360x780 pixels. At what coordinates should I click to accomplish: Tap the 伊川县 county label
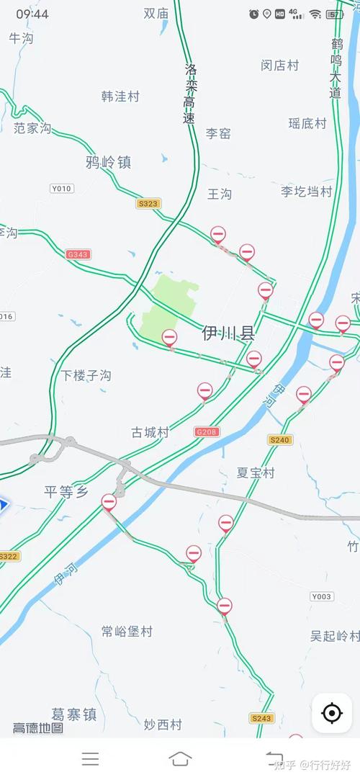[229, 333]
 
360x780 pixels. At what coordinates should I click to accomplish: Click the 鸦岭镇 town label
[108, 162]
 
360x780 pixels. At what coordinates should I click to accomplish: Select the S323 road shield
[148, 204]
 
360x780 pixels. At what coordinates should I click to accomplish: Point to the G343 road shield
[77, 254]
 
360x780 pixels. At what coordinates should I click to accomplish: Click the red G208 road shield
[207, 432]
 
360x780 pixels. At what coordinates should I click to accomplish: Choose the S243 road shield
[262, 718]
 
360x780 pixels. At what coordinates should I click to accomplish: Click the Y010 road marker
[62, 189]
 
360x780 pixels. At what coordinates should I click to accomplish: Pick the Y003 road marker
[322, 596]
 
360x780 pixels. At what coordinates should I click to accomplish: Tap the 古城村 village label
[150, 432]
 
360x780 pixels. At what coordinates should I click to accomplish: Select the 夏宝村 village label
[256, 472]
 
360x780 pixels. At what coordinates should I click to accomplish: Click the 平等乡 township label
[66, 492]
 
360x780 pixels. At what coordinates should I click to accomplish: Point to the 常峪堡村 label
[127, 632]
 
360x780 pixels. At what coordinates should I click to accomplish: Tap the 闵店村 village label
[279, 66]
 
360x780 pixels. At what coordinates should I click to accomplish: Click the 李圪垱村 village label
[306, 191]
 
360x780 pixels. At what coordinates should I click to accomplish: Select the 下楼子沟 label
[86, 375]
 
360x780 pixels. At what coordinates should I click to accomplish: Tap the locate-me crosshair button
[332, 714]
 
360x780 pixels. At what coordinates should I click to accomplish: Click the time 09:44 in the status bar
[32, 14]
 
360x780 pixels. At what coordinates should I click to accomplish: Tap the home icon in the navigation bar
[180, 758]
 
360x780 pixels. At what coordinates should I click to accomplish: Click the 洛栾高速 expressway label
[190, 94]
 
